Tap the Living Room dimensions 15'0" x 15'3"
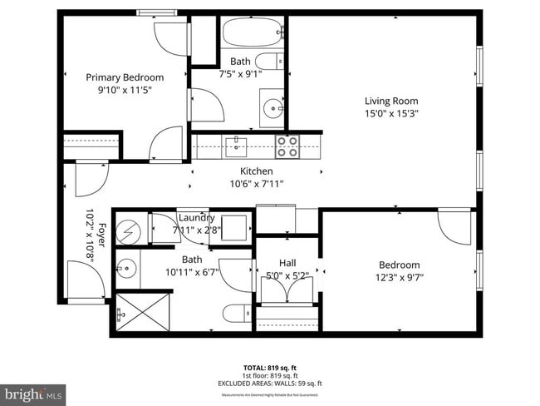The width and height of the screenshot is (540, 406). (x=390, y=114)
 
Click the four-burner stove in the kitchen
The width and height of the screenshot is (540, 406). (x=287, y=146)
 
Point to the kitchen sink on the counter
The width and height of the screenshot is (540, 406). (x=236, y=147)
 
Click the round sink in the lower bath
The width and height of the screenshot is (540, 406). (x=126, y=268)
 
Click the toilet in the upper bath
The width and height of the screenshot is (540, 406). (x=268, y=61)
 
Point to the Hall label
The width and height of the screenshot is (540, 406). (x=287, y=263)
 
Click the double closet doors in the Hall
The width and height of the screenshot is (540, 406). (x=287, y=290)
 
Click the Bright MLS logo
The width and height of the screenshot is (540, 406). (x=34, y=391)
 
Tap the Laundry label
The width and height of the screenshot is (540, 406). (x=196, y=218)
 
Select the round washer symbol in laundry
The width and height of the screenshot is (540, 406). (x=129, y=230)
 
